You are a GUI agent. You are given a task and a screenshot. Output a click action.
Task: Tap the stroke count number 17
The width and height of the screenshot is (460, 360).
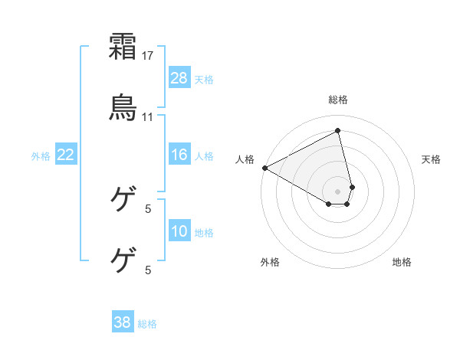149,56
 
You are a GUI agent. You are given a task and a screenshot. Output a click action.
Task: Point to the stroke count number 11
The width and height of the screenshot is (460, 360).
149,117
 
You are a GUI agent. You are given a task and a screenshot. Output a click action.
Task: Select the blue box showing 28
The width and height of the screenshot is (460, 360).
179,78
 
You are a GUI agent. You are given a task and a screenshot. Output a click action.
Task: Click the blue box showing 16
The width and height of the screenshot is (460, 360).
179,155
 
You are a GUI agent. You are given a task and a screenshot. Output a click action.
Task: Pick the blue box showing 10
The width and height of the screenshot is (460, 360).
179,231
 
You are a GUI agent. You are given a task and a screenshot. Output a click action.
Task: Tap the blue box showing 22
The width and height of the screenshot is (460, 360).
66,155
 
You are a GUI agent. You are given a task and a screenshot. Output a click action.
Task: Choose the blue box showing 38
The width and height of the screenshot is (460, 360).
123,322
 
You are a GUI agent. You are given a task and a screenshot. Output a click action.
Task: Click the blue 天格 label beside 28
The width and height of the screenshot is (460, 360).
204,79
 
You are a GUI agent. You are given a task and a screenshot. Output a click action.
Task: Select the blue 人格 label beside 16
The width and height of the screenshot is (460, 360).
204,155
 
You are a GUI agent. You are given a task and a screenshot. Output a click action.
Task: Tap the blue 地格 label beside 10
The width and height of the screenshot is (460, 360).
204,232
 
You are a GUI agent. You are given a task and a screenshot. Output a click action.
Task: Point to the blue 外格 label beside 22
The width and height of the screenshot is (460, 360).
41,155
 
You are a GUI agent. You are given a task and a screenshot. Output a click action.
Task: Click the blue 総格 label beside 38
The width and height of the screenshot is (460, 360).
147,323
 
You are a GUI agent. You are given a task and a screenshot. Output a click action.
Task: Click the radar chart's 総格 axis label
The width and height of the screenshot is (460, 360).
338,100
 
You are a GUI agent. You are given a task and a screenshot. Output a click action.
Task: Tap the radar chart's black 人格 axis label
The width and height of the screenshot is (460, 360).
245,159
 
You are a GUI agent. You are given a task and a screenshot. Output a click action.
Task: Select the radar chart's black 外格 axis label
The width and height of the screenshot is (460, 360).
270,262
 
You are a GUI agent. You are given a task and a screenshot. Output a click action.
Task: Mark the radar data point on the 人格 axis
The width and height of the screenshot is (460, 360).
264,168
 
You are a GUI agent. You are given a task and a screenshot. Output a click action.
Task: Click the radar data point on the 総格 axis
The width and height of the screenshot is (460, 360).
338,130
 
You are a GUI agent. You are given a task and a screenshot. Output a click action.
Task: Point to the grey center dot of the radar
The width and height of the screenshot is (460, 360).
338,191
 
